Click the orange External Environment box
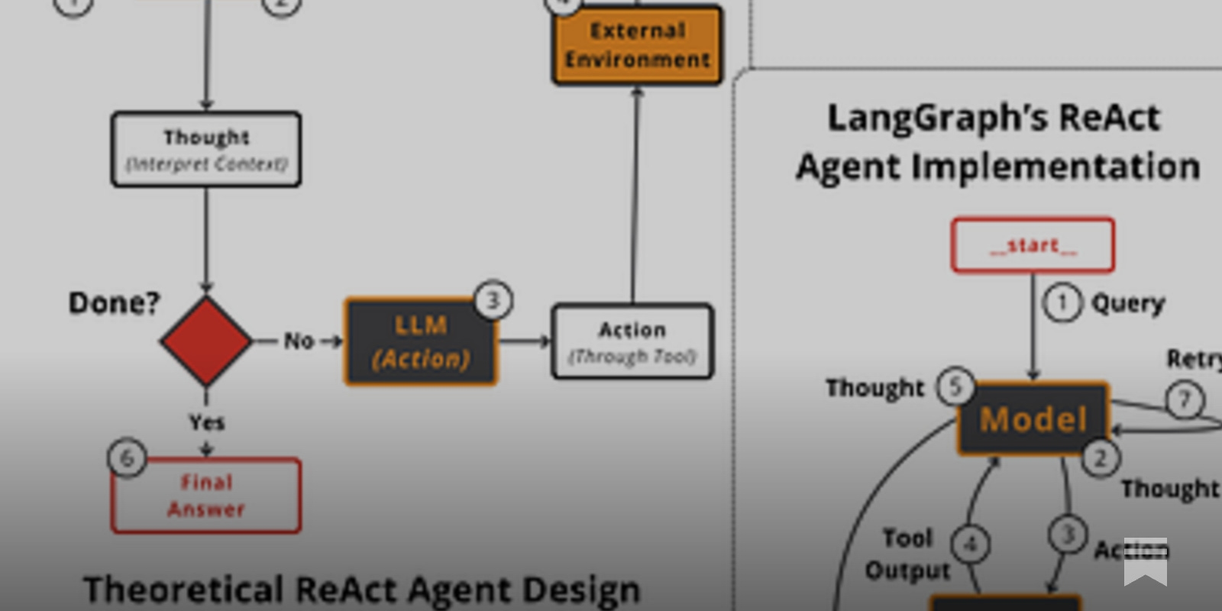click(637, 45)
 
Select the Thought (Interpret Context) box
click(206, 150)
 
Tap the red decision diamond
click(206, 341)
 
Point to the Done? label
click(114, 303)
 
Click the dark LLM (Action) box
click(421, 342)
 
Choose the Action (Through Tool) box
click(632, 341)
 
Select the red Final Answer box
click(206, 496)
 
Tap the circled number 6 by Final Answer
click(127, 457)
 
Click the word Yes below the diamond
click(206, 422)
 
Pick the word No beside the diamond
click(299, 341)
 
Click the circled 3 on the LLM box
click(493, 300)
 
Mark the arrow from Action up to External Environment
click(635, 199)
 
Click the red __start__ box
click(1033, 245)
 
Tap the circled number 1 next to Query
click(1062, 303)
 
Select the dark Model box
click(1033, 419)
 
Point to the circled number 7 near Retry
click(1185, 399)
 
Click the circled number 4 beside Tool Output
click(971, 545)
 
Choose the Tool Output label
click(907, 554)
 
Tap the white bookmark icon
click(1145, 561)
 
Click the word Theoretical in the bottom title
click(183, 590)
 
